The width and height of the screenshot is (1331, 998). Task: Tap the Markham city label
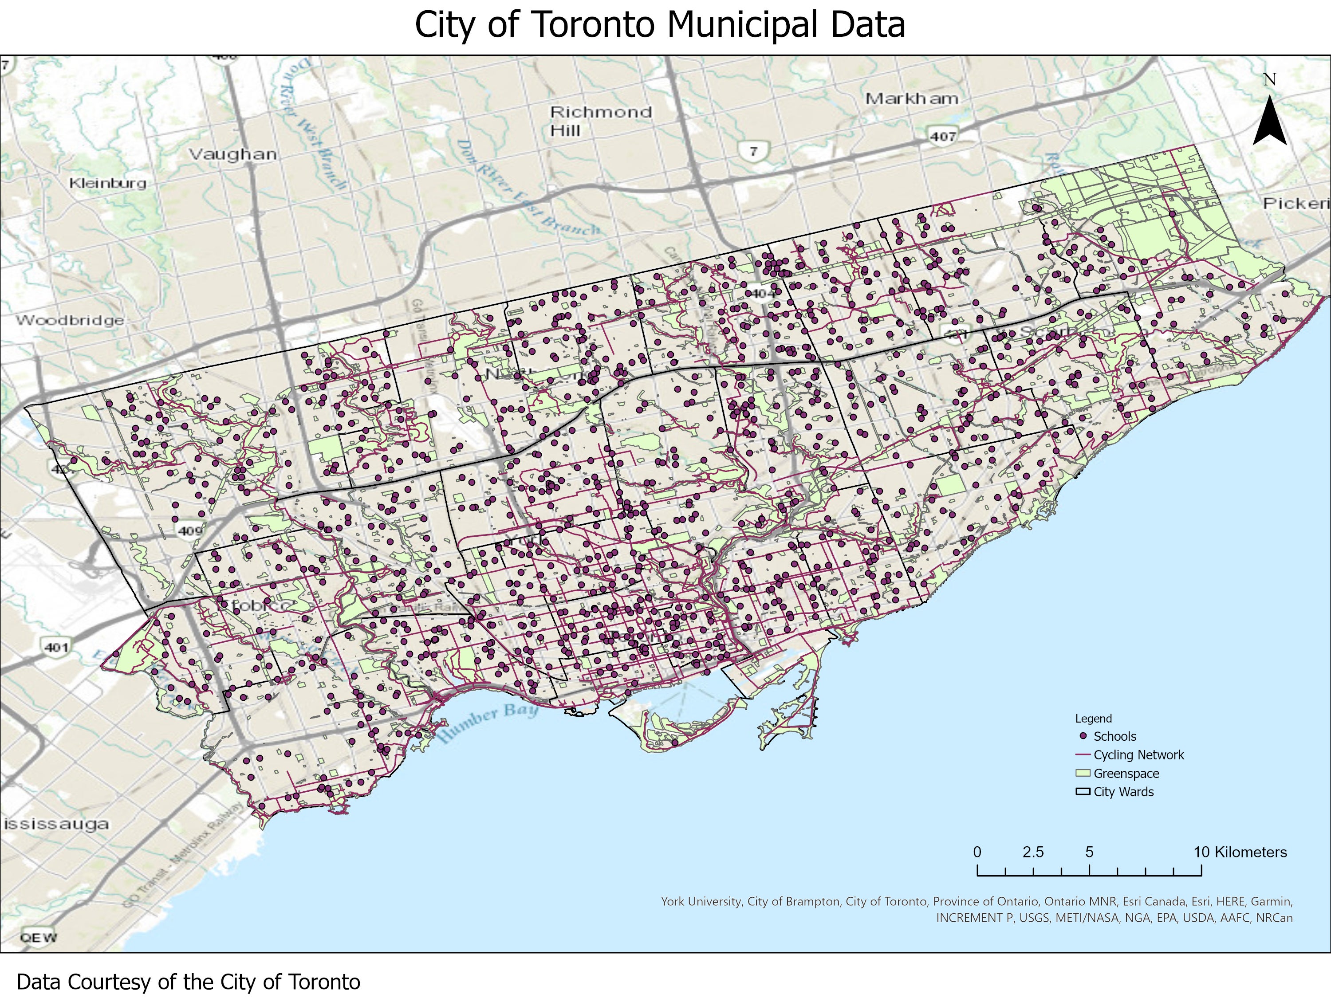pyautogui.click(x=912, y=98)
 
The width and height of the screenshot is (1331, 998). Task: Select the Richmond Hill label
pyautogui.click(x=601, y=120)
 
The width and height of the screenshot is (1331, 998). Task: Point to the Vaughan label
pyautogui.click(x=233, y=154)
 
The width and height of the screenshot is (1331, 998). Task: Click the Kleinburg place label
pyautogui.click(x=108, y=183)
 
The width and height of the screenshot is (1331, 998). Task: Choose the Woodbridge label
pyautogui.click(x=70, y=320)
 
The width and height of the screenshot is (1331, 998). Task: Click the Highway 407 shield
pyautogui.click(x=942, y=136)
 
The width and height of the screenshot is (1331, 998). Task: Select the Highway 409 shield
pyautogui.click(x=189, y=530)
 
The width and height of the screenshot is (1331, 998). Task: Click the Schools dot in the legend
pyautogui.click(x=1083, y=736)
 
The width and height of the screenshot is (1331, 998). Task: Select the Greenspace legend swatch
pyautogui.click(x=1083, y=773)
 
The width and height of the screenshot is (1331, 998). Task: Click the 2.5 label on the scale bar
pyautogui.click(x=1032, y=853)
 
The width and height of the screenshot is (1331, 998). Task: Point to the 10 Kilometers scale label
pyautogui.click(x=1240, y=853)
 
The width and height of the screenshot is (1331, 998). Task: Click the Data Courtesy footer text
pyautogui.click(x=189, y=982)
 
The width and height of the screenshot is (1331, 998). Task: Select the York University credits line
pyautogui.click(x=976, y=901)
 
